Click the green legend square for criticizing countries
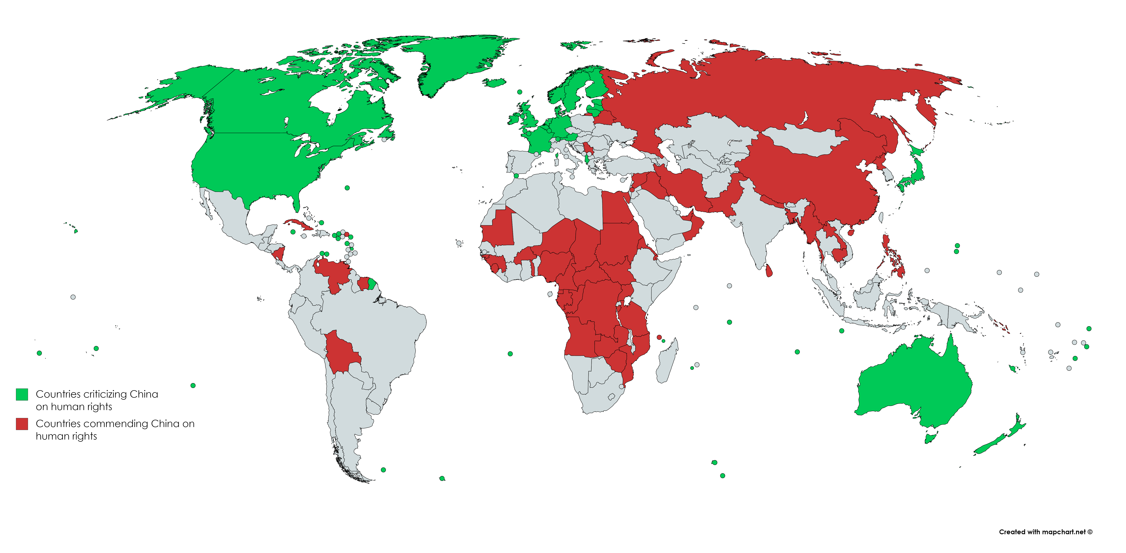(22, 394)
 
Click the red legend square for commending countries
(22, 424)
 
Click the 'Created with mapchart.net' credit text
(1045, 532)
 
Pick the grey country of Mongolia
(804, 140)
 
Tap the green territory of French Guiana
(372, 284)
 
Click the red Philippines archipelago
(892, 258)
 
